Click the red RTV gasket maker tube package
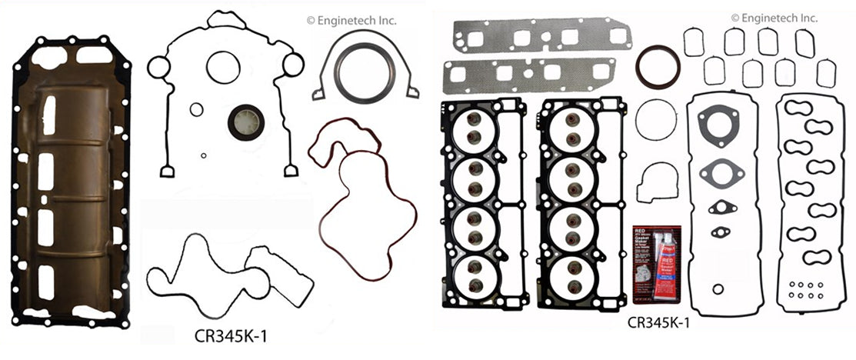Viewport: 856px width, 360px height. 656,264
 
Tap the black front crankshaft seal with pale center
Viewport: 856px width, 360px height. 245,122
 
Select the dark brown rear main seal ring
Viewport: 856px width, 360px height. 658,67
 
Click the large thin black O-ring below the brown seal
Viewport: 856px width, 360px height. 656,120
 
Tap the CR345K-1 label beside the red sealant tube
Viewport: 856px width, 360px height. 658,323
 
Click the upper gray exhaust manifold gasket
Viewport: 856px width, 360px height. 542,36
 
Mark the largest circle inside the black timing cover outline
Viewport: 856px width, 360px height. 223,68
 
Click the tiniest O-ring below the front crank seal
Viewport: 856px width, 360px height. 203,155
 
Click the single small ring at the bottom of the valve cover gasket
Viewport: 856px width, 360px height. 718,290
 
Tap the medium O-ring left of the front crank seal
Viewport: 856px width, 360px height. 197,109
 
